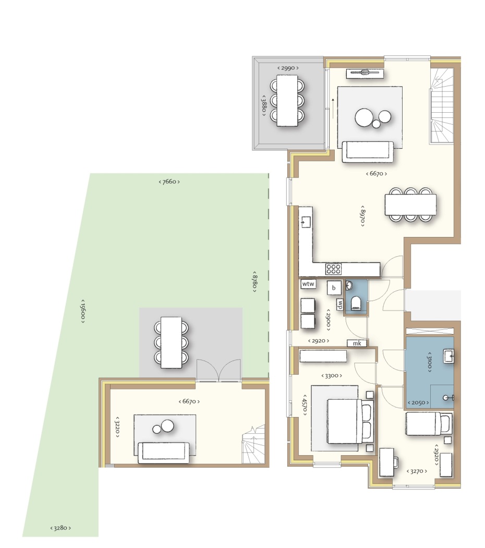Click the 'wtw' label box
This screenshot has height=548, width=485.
pyautogui.click(x=308, y=284)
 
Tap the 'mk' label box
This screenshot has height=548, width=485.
pyautogui.click(x=357, y=343)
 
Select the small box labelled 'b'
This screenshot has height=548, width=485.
pyautogui.click(x=334, y=288)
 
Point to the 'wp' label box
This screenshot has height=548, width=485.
pyautogui.click(x=339, y=304)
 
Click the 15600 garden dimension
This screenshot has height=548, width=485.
pyautogui.click(x=83, y=311)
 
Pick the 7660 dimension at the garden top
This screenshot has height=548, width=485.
pyautogui.click(x=169, y=182)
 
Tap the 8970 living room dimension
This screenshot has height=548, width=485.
pyautogui.click(x=362, y=216)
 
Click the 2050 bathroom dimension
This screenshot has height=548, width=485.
pyautogui.click(x=418, y=402)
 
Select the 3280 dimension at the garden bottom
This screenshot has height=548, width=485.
pyautogui.click(x=60, y=528)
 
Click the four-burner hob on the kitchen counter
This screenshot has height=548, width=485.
pyautogui.click(x=333, y=269)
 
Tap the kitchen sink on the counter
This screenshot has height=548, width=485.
pyautogui.click(x=306, y=222)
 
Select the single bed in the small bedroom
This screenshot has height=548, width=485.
pyautogui.click(x=429, y=424)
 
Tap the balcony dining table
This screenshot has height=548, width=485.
pyautogui.click(x=287, y=100)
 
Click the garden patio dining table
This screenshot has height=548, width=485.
pyautogui.click(x=171, y=342)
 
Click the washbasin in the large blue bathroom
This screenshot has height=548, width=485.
pyautogui.click(x=448, y=357)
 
